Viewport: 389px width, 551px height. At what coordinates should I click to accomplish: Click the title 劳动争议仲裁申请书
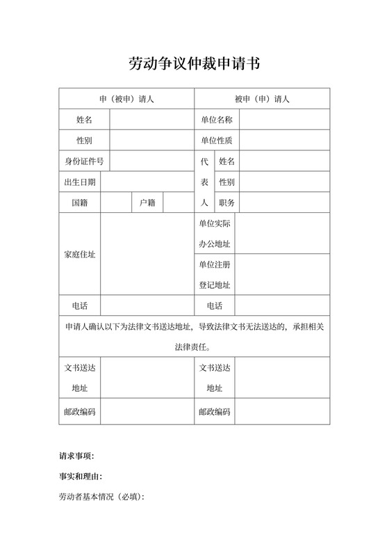(x=194, y=64)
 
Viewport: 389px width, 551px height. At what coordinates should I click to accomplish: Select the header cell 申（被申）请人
(x=126, y=99)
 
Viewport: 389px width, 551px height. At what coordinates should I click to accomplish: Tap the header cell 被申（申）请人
(x=262, y=99)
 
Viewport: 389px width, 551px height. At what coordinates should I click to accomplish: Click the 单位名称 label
(x=216, y=120)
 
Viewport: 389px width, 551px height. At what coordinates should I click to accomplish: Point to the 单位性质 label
(x=216, y=141)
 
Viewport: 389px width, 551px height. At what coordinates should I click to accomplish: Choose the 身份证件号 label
(x=84, y=161)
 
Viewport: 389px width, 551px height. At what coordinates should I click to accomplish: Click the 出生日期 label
(x=80, y=182)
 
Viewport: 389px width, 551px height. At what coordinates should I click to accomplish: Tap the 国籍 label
(x=80, y=203)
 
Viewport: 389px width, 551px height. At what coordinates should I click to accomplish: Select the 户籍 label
(x=147, y=203)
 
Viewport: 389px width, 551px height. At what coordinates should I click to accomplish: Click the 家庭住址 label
(x=80, y=254)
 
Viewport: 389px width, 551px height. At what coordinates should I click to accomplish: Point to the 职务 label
(x=226, y=203)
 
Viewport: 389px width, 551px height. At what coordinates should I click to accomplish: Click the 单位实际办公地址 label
(x=215, y=234)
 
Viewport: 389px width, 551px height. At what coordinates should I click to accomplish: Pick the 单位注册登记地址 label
(x=215, y=275)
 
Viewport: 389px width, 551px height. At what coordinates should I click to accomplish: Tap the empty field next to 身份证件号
(x=151, y=161)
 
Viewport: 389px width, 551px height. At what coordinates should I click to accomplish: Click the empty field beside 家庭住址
(x=147, y=254)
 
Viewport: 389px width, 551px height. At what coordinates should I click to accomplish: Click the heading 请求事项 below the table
(x=76, y=456)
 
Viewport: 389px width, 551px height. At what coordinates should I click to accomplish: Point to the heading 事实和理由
(x=81, y=477)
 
